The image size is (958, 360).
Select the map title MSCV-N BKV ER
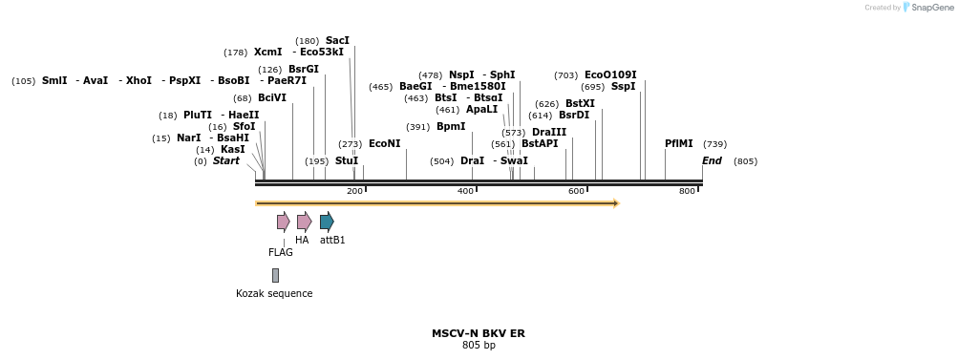point(478,333)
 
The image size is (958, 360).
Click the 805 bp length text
point(478,345)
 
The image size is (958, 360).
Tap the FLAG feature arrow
point(283,222)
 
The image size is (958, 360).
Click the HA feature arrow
point(304,222)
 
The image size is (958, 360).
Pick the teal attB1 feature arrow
point(327,222)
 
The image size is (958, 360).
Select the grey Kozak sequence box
point(275,275)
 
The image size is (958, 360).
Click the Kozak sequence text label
point(274,293)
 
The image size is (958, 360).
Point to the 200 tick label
point(354,192)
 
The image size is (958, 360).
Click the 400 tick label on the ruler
point(465,192)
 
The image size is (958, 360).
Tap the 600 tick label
point(576,192)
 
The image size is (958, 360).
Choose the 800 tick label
point(687,192)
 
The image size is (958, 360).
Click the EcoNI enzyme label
point(384,143)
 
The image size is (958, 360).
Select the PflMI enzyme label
point(678,143)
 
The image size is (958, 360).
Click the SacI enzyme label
point(337,40)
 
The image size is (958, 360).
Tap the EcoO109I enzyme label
point(610,74)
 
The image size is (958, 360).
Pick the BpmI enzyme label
point(451,126)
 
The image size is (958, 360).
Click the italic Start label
point(226,160)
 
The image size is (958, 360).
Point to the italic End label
point(712,160)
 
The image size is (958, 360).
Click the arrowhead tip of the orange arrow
point(618,202)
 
